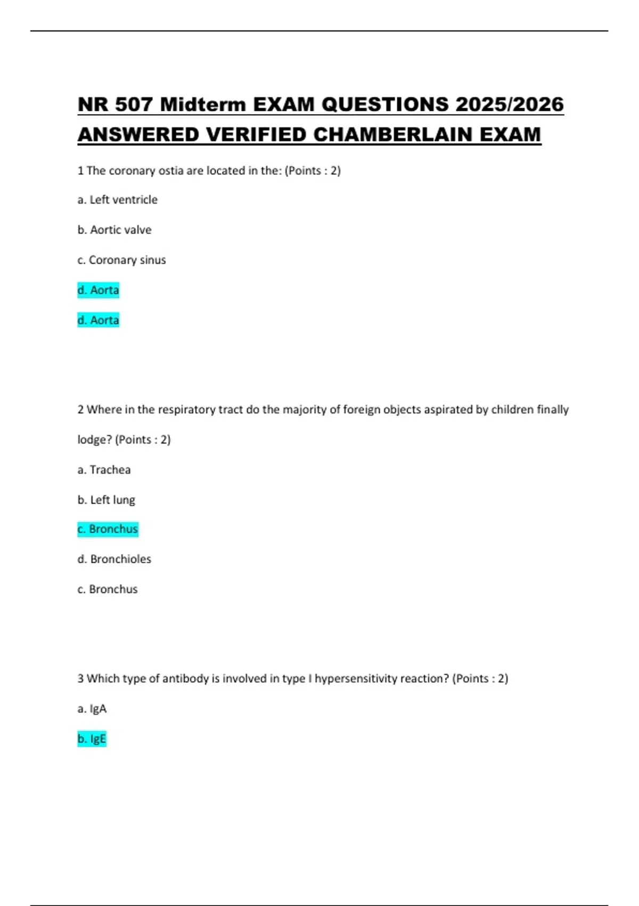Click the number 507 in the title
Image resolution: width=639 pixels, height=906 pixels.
[134, 104]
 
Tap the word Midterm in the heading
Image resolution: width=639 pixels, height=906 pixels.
[203, 104]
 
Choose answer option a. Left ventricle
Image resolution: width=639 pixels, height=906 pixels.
[117, 200]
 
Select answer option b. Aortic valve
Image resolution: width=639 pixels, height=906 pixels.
[114, 230]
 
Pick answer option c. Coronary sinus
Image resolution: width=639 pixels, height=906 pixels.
[121, 260]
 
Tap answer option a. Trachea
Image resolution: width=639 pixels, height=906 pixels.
[104, 470]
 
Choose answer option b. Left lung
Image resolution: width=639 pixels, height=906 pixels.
[106, 500]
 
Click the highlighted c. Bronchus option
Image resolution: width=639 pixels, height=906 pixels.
[108, 529]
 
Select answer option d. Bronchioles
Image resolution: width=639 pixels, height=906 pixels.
[114, 559]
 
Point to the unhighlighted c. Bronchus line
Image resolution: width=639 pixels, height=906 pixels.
[108, 589]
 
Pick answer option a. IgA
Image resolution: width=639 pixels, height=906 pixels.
[92, 709]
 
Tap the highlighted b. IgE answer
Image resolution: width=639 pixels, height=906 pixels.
[92, 739]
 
